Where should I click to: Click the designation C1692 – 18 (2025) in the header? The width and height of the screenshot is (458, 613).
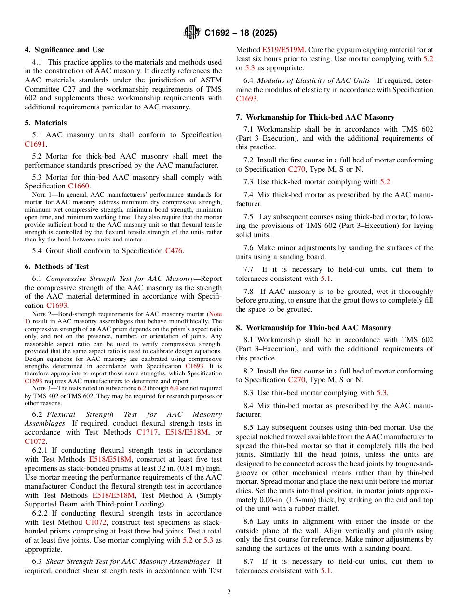[x=241, y=33]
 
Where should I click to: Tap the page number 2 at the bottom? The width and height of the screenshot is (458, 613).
[x=229, y=592]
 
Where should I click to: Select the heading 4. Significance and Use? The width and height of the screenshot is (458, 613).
[x=64, y=50]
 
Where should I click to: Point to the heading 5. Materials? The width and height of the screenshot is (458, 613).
[x=45, y=123]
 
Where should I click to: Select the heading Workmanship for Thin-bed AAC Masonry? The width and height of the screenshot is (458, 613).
[x=318, y=328]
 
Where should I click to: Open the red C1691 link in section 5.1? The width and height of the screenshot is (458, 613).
[x=35, y=144]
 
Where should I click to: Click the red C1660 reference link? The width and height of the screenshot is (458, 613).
[x=78, y=186]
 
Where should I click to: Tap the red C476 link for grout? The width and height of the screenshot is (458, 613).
[x=174, y=251]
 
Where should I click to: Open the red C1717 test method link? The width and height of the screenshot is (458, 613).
[x=147, y=432]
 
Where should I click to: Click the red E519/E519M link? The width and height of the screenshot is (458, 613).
[x=283, y=50]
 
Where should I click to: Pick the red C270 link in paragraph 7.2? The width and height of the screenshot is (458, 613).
[x=296, y=169]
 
